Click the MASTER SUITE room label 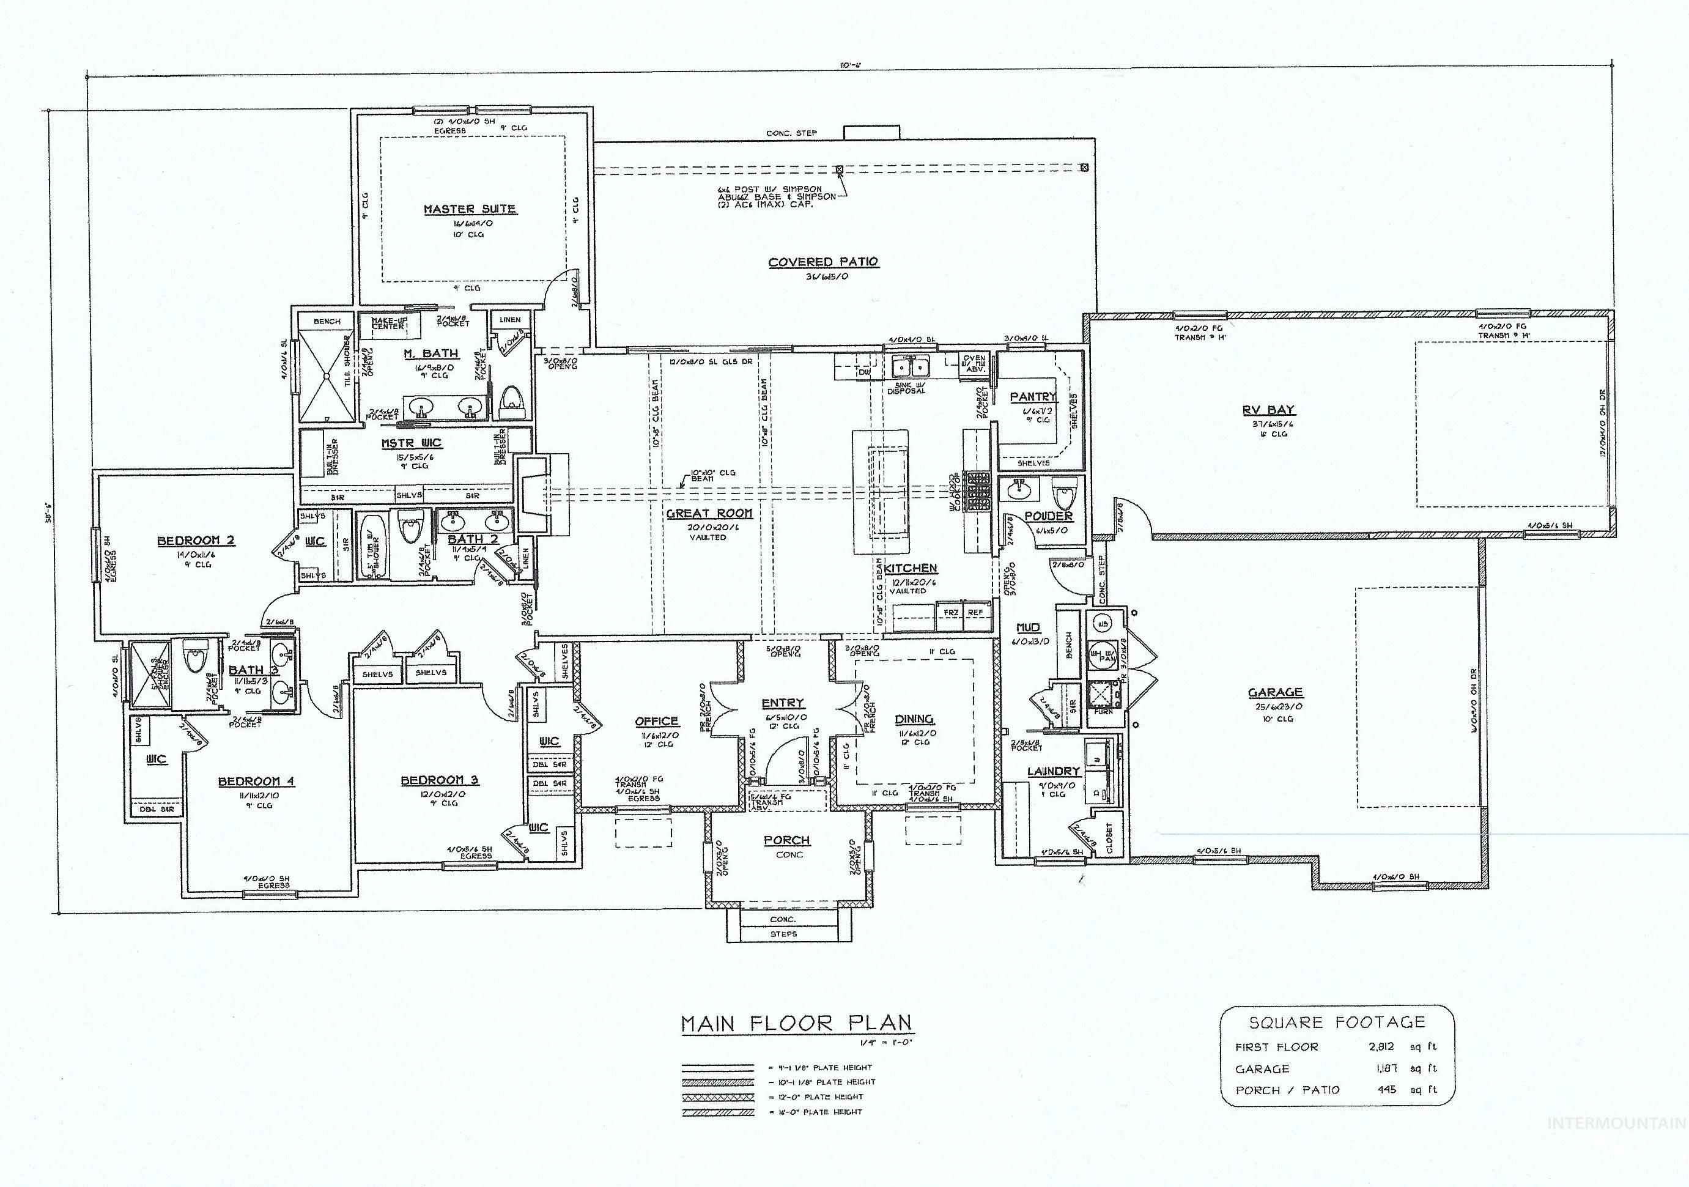(x=469, y=209)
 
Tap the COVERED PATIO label (x=823, y=262)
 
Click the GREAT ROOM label (x=709, y=513)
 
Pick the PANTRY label (x=1032, y=397)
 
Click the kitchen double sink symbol (x=911, y=364)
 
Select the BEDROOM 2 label (x=196, y=541)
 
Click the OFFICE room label (x=656, y=722)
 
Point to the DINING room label (x=914, y=719)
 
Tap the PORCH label (x=786, y=840)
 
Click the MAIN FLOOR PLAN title (x=796, y=1023)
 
